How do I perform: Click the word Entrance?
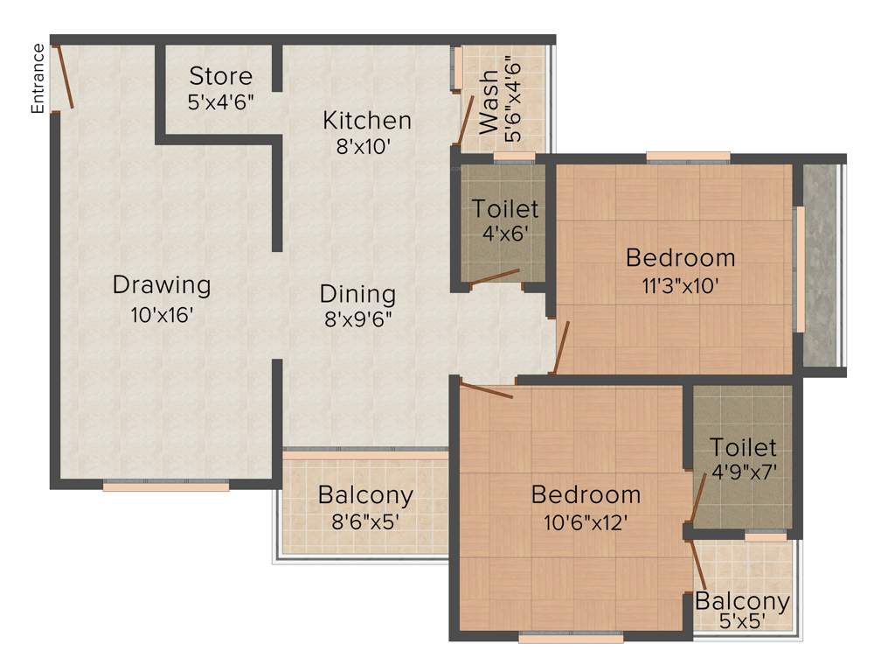pos(38,79)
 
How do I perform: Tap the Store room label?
pos(220,76)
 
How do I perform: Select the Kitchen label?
pos(366,120)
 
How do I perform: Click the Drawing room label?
pos(162,285)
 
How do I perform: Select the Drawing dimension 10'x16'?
pos(162,313)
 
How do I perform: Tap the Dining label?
pos(357,294)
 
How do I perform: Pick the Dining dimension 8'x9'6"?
pos(357,319)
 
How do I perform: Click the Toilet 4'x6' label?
pos(505,209)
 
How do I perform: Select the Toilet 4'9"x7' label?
pos(742,447)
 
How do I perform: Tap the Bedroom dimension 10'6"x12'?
pos(586,522)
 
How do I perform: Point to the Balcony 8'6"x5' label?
pos(365,495)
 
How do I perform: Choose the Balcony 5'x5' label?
pos(742,602)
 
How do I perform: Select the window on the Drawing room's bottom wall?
pos(166,486)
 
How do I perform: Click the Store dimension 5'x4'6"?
pos(220,101)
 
